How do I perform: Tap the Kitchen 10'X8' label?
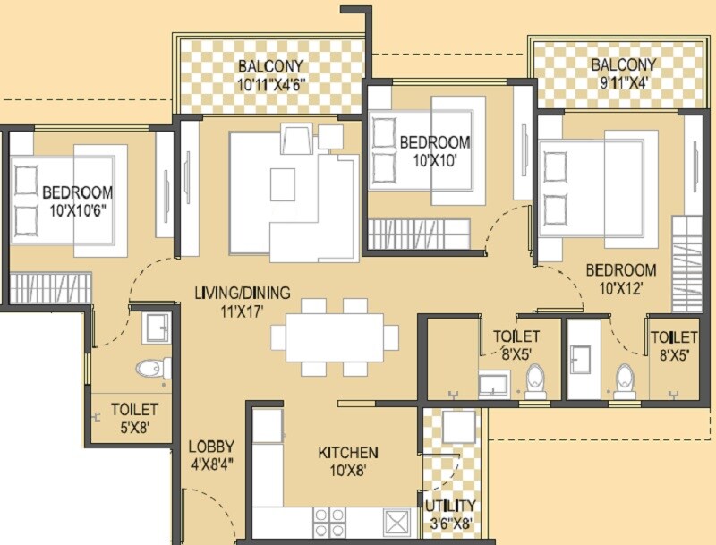pyautogui.click(x=348, y=461)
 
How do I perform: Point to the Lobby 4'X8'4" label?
pyautogui.click(x=211, y=456)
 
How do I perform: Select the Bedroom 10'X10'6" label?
pyautogui.click(x=77, y=201)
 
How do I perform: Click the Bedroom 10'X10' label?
pyautogui.click(x=434, y=151)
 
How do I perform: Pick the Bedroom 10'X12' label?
pyautogui.click(x=620, y=279)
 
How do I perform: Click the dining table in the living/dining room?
pyautogui.click(x=328, y=337)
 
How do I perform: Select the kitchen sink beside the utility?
pyautogui.click(x=396, y=521)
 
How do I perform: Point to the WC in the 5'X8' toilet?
pyautogui.click(x=153, y=368)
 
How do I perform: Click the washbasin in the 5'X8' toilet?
pyautogui.click(x=157, y=328)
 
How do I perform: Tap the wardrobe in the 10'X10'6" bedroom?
pyautogui.click(x=51, y=286)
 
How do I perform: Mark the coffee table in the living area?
pyautogui.click(x=284, y=184)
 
